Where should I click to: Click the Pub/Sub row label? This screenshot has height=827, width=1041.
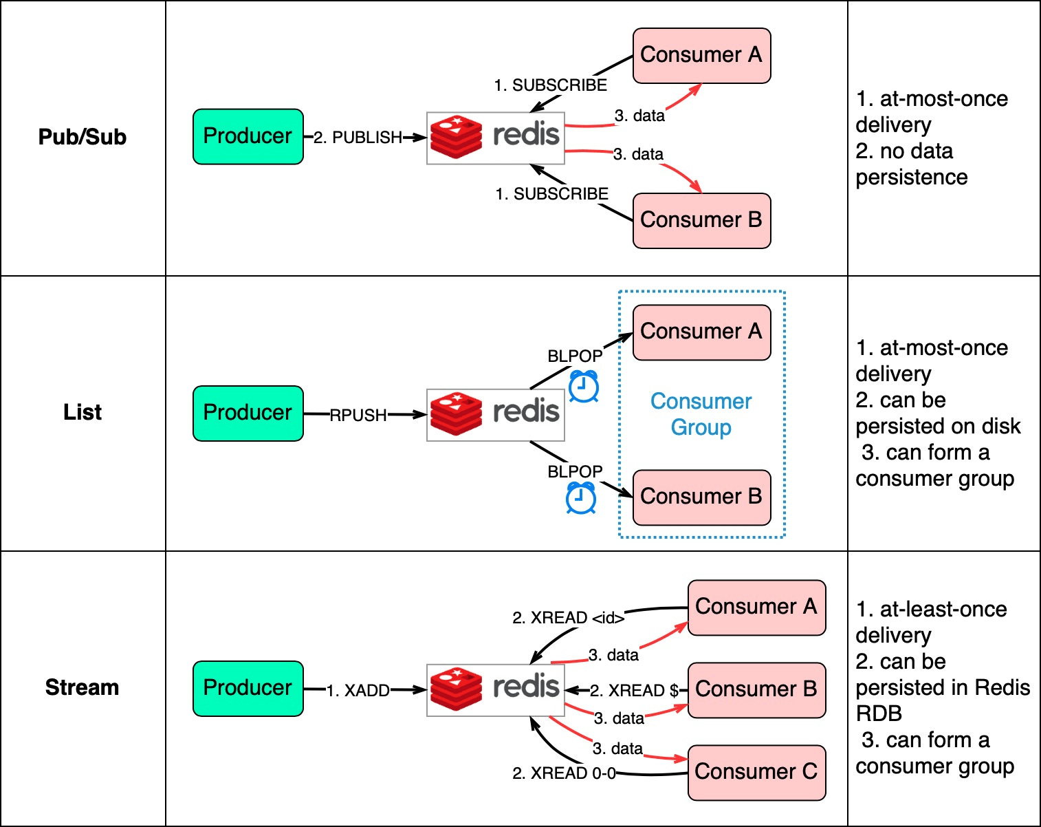[83, 137]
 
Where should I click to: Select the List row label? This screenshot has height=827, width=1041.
[83, 412]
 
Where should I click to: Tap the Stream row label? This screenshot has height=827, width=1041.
[83, 687]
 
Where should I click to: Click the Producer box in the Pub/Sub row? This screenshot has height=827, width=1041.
[248, 136]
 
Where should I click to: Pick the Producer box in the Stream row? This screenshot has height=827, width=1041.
[248, 688]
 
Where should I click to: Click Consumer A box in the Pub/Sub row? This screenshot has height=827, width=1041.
[701, 55]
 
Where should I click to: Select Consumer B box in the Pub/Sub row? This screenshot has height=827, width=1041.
[701, 220]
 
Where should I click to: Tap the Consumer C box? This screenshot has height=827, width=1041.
[756, 772]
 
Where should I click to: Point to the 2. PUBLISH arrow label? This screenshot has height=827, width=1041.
[358, 138]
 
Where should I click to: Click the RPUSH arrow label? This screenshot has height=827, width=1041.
[358, 415]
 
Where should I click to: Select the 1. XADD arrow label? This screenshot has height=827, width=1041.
[358, 690]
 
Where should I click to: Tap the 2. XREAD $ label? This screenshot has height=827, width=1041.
[634, 690]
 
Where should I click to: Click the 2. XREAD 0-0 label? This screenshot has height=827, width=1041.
[564, 773]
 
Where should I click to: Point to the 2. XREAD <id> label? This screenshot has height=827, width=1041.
[568, 618]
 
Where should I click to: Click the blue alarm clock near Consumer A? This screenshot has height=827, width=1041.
[584, 387]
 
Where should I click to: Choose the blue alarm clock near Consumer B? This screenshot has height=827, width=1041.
[581, 498]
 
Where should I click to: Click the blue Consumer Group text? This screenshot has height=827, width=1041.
[701, 414]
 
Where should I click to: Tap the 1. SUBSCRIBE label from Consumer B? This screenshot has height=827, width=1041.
[551, 194]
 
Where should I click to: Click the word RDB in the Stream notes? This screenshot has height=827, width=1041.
[879, 713]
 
